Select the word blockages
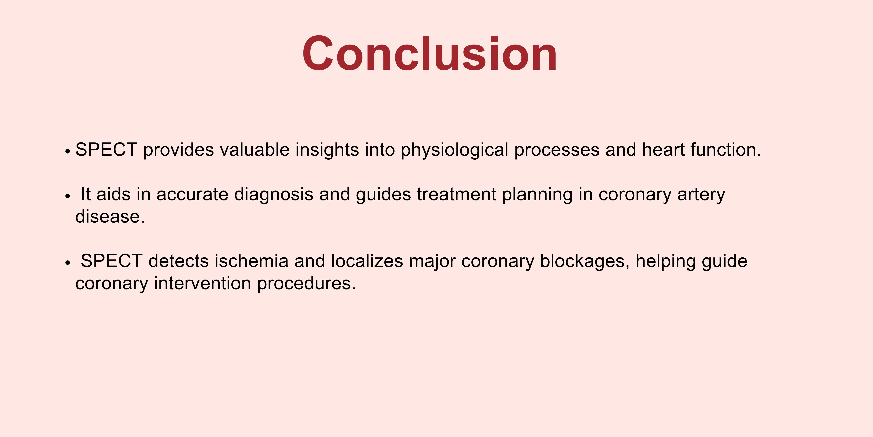[x=585, y=261]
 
